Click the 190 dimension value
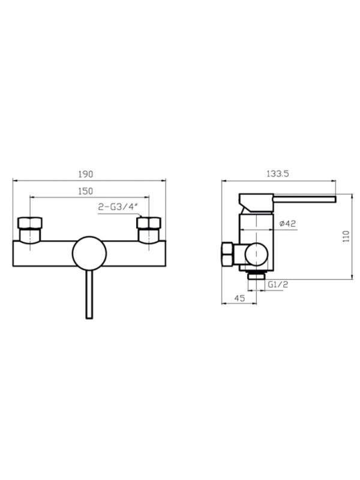pos(85,174)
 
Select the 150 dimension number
pos(85,191)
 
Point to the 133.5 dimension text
pos(278,173)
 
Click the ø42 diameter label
pos(288,223)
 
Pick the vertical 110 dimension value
pos(346,236)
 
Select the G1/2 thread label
pos(278,284)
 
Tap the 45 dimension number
pos(239,298)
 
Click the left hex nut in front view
pos(29,223)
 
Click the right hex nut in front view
pos(149,223)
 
